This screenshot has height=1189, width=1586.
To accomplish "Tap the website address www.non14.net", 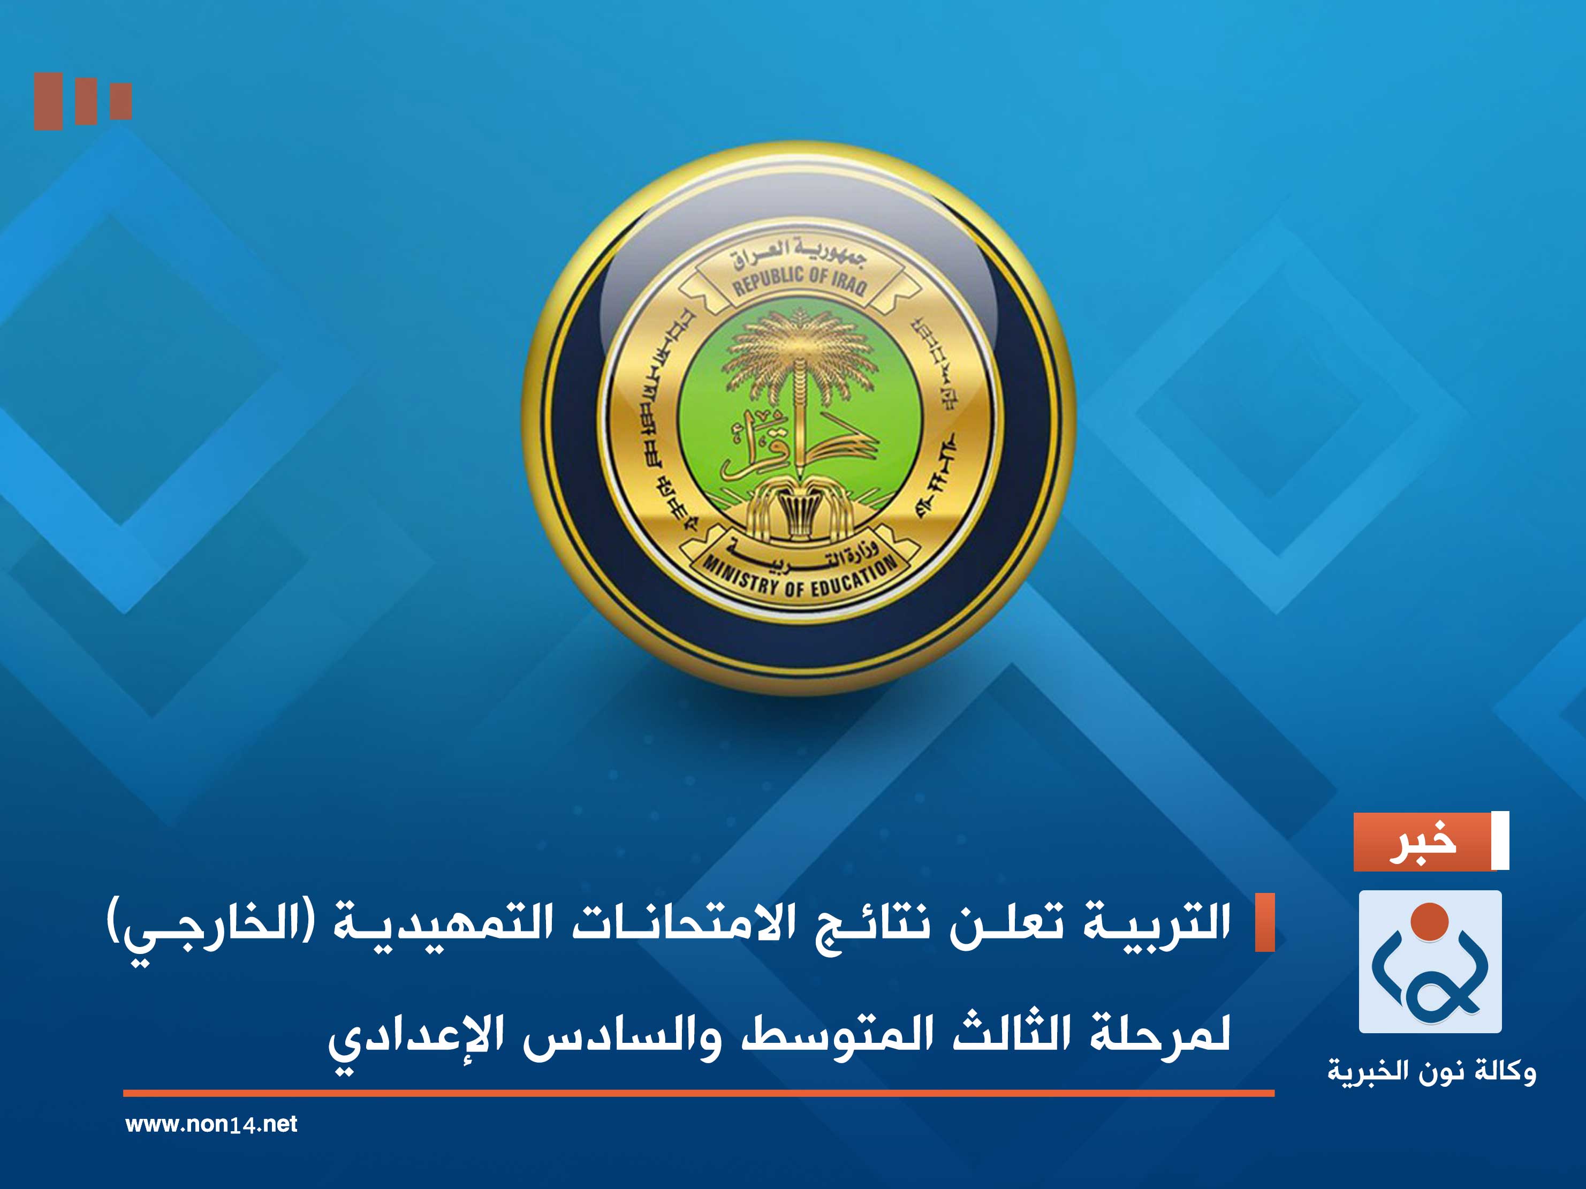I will [211, 1124].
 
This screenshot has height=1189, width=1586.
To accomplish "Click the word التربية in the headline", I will [1157, 923].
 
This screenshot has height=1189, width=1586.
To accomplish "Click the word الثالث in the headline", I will [1011, 1034].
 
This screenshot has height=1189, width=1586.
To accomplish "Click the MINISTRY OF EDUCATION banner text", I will [798, 579].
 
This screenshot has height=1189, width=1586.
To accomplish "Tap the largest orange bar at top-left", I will [48, 101].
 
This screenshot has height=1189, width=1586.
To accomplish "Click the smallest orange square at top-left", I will [120, 101].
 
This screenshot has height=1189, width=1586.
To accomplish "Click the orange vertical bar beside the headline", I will [1264, 923].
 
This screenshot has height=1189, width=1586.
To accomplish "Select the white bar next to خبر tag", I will [1499, 840].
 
